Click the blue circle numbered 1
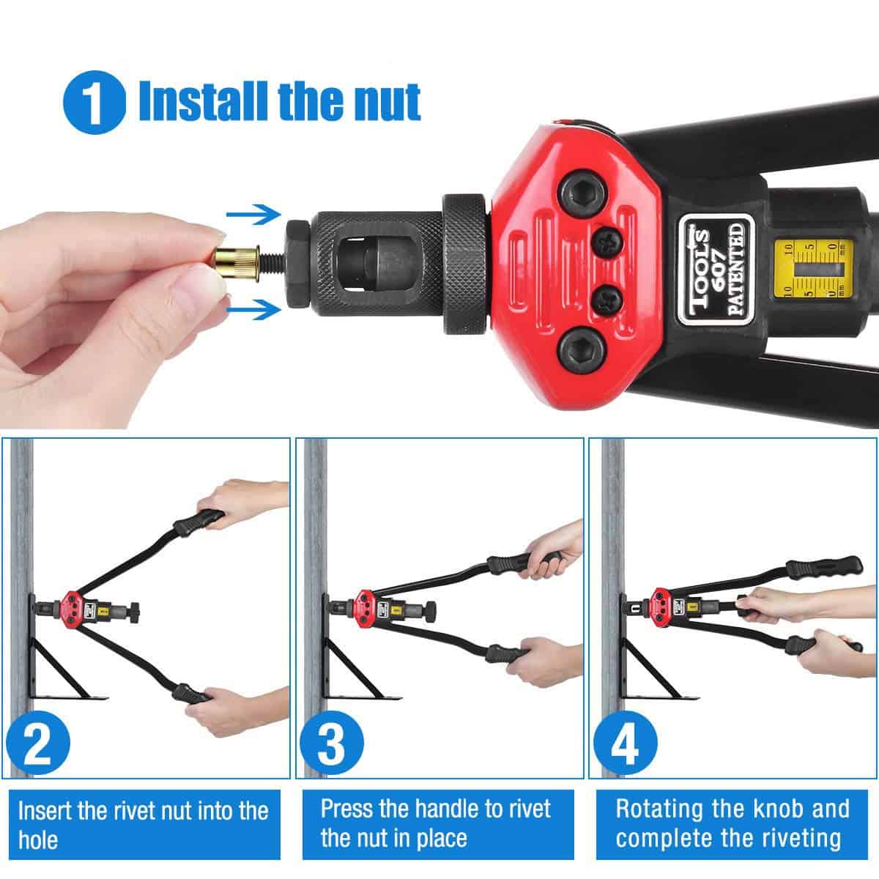94,102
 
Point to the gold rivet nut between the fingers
237,263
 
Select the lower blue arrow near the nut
253,311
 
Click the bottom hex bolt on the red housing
582,352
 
